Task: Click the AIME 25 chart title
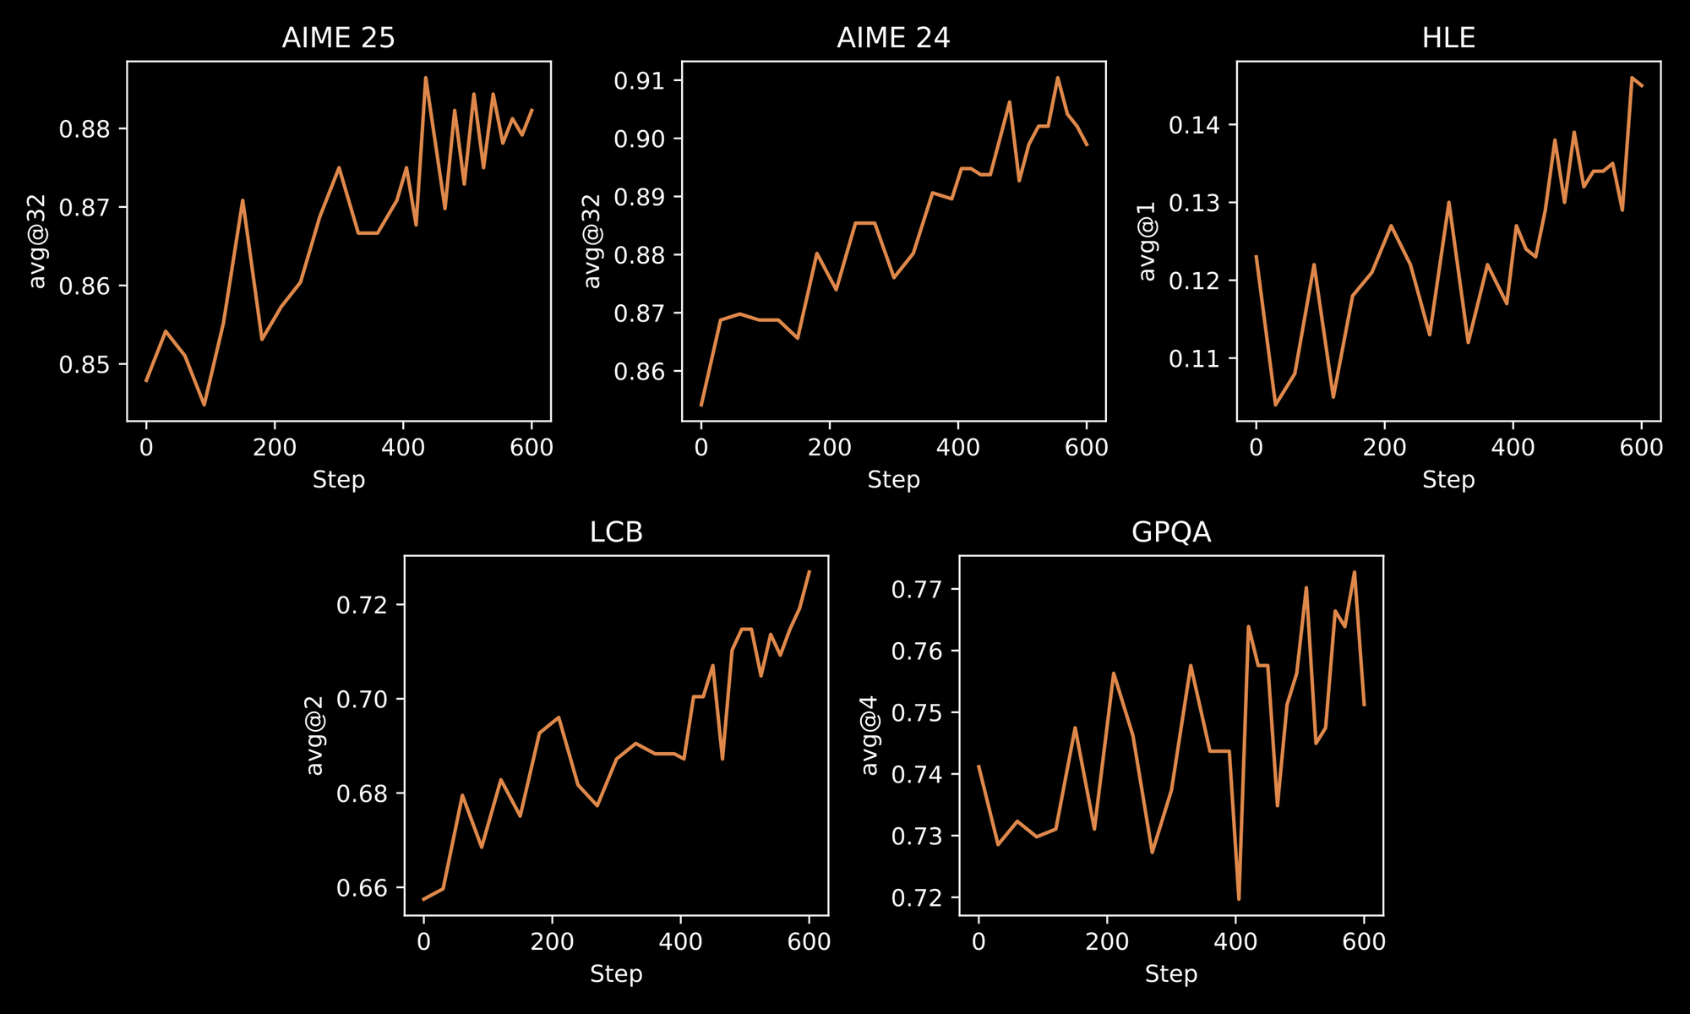click(x=338, y=38)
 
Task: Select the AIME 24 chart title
click(x=893, y=38)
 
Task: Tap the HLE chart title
click(x=1448, y=38)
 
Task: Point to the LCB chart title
click(x=616, y=532)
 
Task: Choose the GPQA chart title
click(x=1171, y=532)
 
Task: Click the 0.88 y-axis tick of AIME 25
click(x=84, y=129)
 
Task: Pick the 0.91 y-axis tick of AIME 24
click(x=640, y=81)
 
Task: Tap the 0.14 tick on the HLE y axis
click(x=1194, y=126)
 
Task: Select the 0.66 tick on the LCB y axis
click(x=362, y=888)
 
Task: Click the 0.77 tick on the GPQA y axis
click(x=917, y=589)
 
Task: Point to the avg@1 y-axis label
click(x=1147, y=241)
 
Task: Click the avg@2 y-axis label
click(x=314, y=735)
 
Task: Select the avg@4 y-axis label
click(x=870, y=735)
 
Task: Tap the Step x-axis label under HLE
click(x=1448, y=480)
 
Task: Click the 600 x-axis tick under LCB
click(x=809, y=941)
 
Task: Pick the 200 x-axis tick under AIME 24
click(x=830, y=447)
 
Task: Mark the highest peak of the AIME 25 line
click(x=425, y=78)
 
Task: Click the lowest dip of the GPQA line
click(x=1239, y=899)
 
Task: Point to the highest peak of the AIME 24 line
click(x=1057, y=78)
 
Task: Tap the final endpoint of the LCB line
click(x=809, y=572)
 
